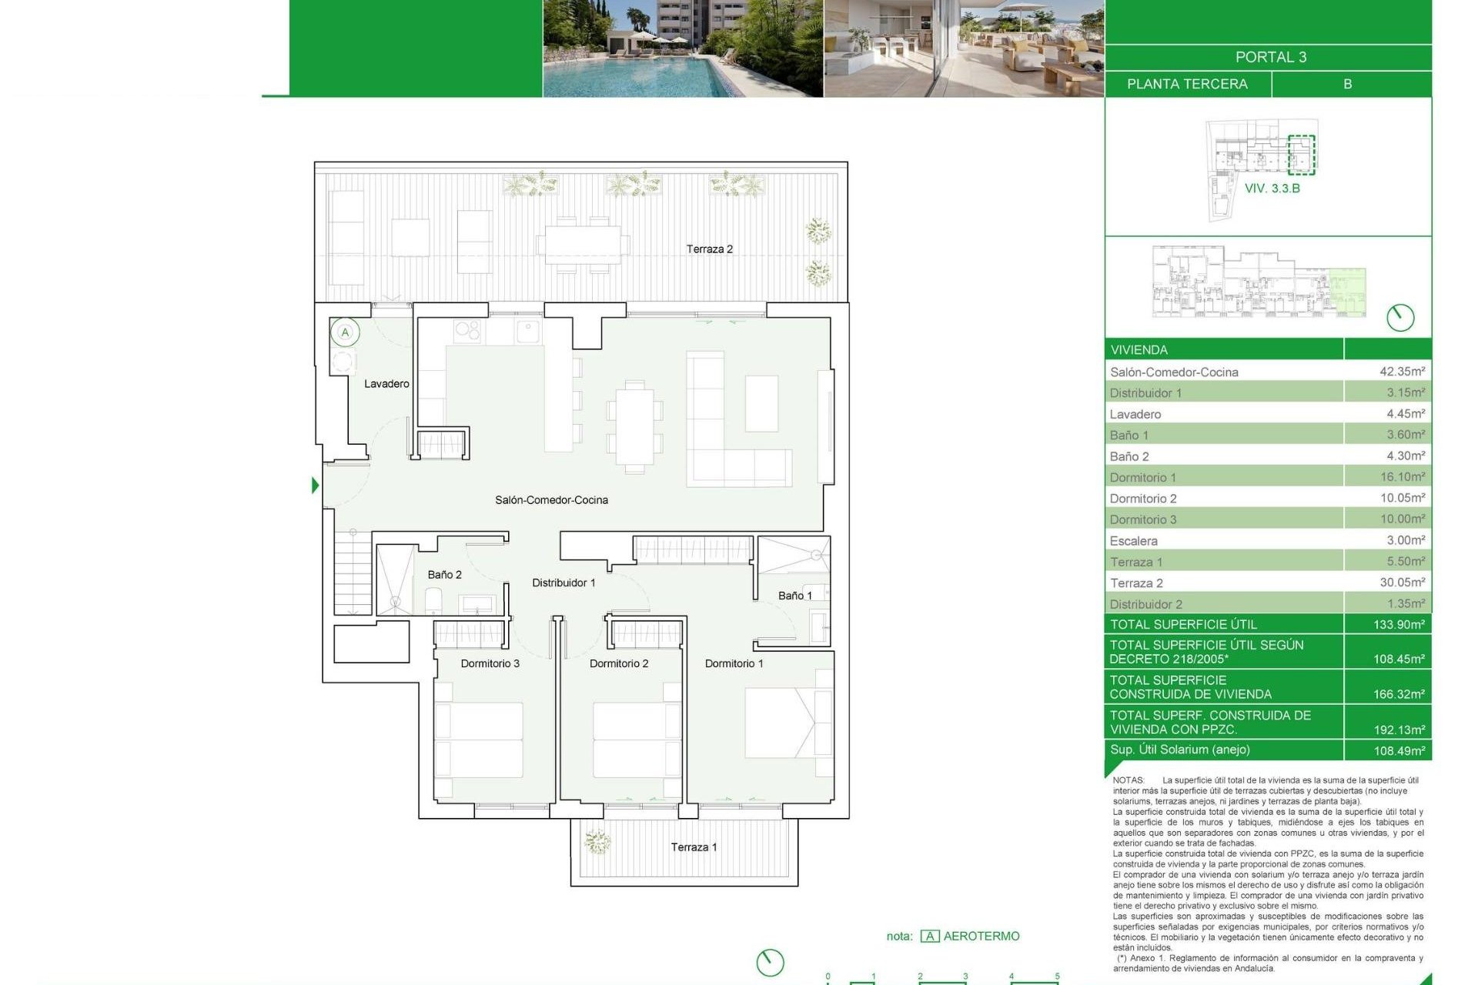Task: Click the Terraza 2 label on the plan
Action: point(709,249)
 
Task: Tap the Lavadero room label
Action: point(386,383)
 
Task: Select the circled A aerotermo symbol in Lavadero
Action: point(345,332)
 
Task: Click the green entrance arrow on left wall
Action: point(315,485)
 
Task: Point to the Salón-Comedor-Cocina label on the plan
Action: point(551,499)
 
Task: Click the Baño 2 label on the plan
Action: point(444,574)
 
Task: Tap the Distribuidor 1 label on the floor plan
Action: point(563,583)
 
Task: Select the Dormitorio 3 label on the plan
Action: point(490,663)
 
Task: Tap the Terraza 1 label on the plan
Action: point(694,846)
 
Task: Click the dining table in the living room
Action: point(634,426)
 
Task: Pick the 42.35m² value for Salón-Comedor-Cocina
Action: point(1402,371)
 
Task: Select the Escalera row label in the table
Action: point(1133,541)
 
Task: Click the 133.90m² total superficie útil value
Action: point(1399,624)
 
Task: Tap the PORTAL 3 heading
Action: point(1270,57)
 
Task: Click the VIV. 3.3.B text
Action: point(1272,189)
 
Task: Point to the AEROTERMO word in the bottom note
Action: point(981,936)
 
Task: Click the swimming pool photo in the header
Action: point(682,48)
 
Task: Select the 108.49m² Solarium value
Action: point(1399,750)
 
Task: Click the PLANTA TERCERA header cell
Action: point(1187,84)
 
